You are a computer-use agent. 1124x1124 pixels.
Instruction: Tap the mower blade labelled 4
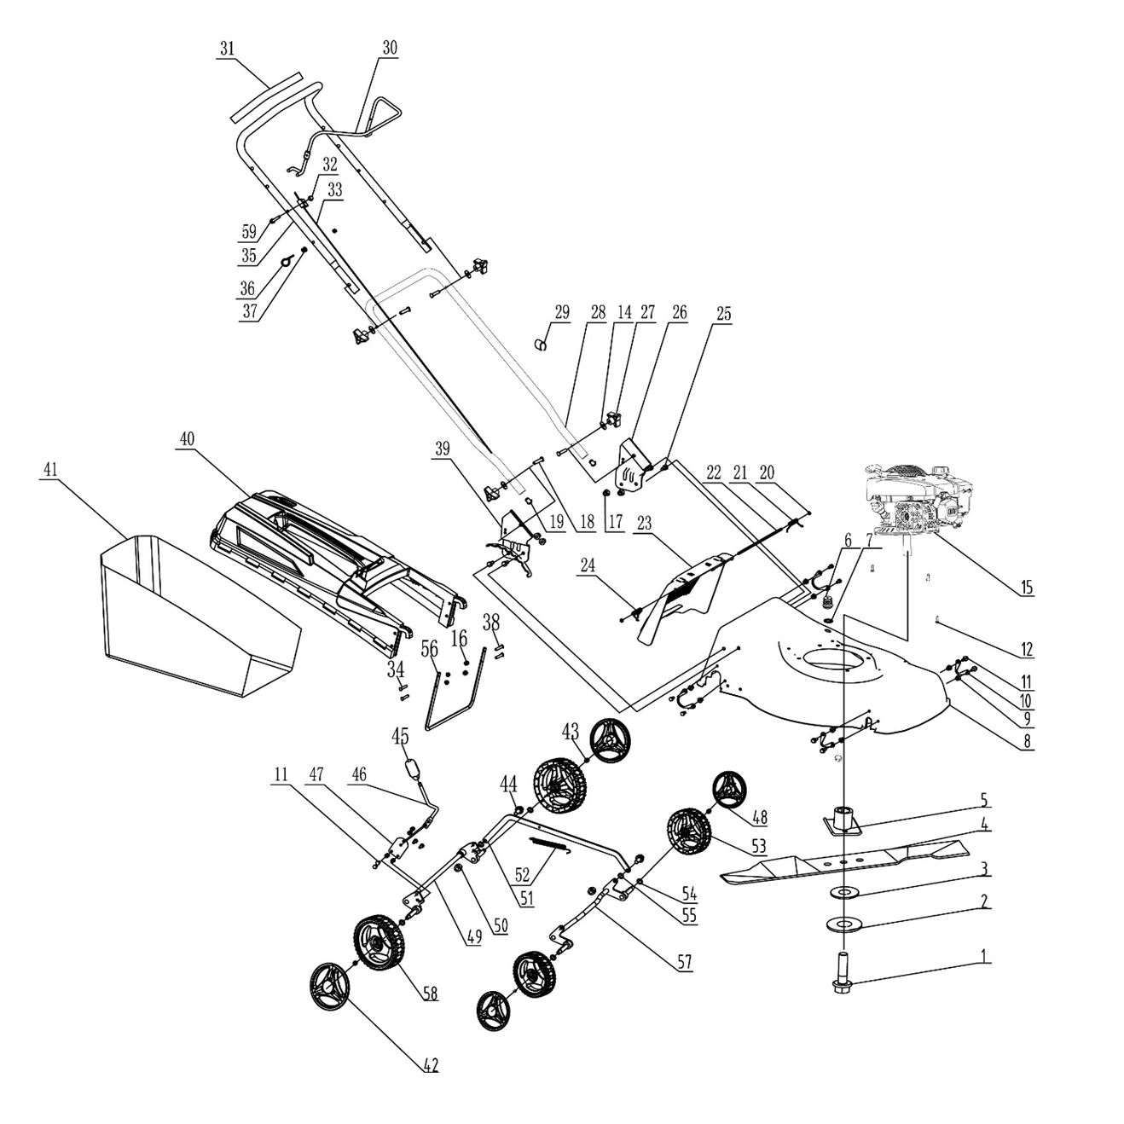click(844, 861)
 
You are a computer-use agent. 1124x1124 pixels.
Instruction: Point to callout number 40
click(187, 439)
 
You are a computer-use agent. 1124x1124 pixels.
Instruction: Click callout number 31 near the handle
click(226, 49)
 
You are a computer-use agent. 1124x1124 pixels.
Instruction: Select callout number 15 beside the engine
click(1026, 587)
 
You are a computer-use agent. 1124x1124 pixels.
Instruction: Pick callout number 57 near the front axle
click(684, 963)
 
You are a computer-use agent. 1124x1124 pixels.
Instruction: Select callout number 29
click(561, 312)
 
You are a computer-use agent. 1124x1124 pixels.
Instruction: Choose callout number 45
click(400, 735)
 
